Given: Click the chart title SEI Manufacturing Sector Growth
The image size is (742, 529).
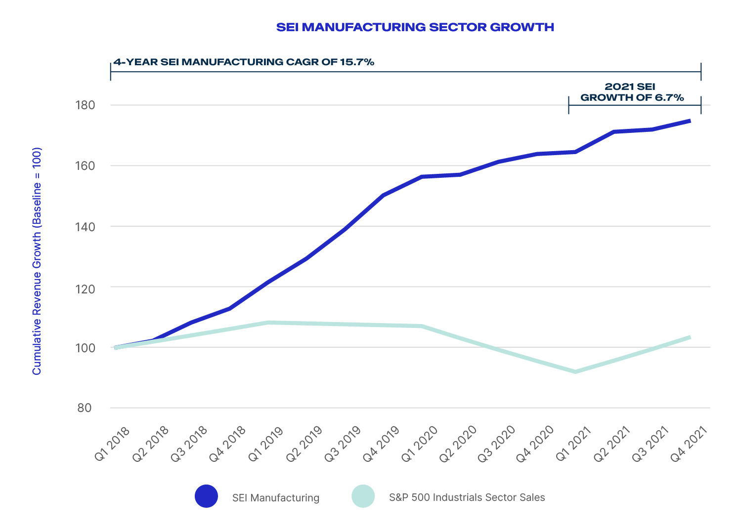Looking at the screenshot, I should [415, 27].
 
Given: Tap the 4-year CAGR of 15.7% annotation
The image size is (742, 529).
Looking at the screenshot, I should [244, 62].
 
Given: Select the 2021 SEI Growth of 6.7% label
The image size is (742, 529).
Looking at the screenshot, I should [632, 92].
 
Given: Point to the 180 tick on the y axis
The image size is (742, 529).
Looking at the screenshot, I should [85, 105].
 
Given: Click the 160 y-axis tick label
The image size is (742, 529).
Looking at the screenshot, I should [85, 166].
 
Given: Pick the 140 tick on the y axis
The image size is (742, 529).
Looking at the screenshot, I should [85, 227].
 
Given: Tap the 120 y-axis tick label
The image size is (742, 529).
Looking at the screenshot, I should [85, 287].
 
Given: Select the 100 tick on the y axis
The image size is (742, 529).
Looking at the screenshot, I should [85, 348].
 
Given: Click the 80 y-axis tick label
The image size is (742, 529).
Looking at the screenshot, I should [85, 408].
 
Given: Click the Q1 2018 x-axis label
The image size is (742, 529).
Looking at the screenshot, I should [113, 444].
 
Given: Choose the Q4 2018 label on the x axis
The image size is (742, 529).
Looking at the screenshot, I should [228, 444].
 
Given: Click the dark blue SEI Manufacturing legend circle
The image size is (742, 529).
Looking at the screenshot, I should [206, 496].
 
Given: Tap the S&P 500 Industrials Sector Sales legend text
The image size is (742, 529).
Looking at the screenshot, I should [467, 497].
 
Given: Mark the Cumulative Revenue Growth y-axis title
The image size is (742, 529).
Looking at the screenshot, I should [37, 261].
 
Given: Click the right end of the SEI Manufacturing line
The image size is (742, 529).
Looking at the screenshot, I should [689, 121].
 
